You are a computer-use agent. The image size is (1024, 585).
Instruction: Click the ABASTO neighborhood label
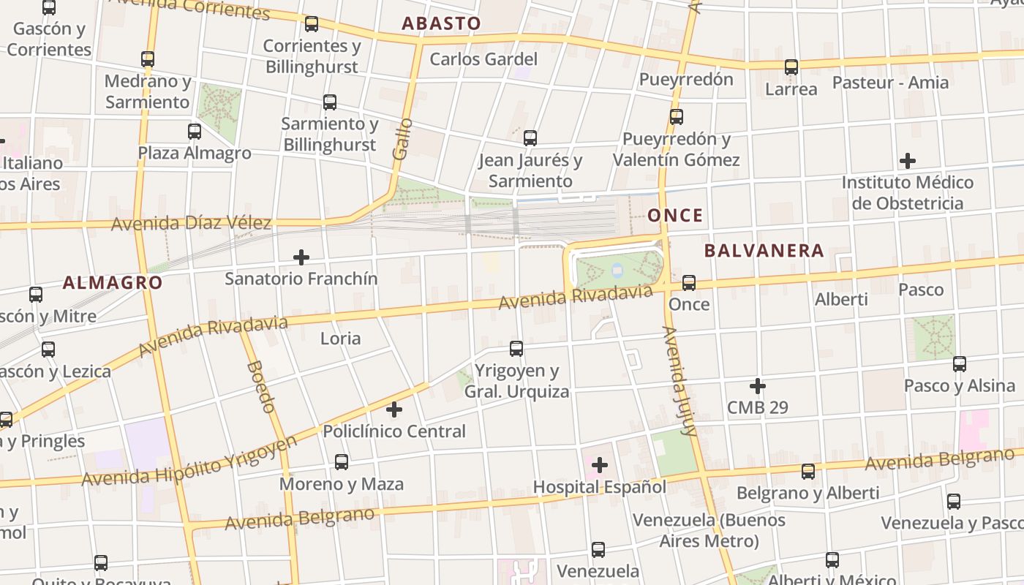pyautogui.click(x=441, y=23)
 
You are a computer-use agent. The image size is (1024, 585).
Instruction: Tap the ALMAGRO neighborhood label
pyautogui.click(x=113, y=282)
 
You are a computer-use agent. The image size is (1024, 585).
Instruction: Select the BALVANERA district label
pyautogui.click(x=764, y=251)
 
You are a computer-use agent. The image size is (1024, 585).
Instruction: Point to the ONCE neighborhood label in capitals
pyautogui.click(x=675, y=216)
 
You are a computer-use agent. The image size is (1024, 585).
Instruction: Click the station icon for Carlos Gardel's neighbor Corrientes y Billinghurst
pyautogui.click(x=312, y=24)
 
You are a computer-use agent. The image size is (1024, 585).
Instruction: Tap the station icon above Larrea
pyautogui.click(x=791, y=67)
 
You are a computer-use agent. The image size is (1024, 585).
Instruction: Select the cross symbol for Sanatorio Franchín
pyautogui.click(x=301, y=257)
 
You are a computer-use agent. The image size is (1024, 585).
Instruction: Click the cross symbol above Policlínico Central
pyautogui.click(x=394, y=409)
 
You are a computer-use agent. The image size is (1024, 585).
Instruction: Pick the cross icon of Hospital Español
pyautogui.click(x=600, y=465)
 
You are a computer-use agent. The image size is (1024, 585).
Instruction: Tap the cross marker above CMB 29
pyautogui.click(x=758, y=385)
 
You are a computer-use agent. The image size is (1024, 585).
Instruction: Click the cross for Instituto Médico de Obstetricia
pyautogui.click(x=908, y=161)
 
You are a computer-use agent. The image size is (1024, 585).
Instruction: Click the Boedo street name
pyautogui.click(x=261, y=387)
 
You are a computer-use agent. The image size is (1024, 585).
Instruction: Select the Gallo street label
pyautogui.click(x=402, y=139)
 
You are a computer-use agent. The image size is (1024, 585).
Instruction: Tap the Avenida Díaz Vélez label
pyautogui.click(x=191, y=223)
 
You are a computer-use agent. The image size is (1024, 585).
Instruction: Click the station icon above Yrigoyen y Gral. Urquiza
pyautogui.click(x=516, y=349)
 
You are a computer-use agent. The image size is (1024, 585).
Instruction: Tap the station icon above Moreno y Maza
pyautogui.click(x=342, y=462)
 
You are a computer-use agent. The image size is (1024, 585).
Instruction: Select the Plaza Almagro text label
pyautogui.click(x=195, y=154)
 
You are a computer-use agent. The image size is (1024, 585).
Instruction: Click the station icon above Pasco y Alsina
pyautogui.click(x=959, y=363)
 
